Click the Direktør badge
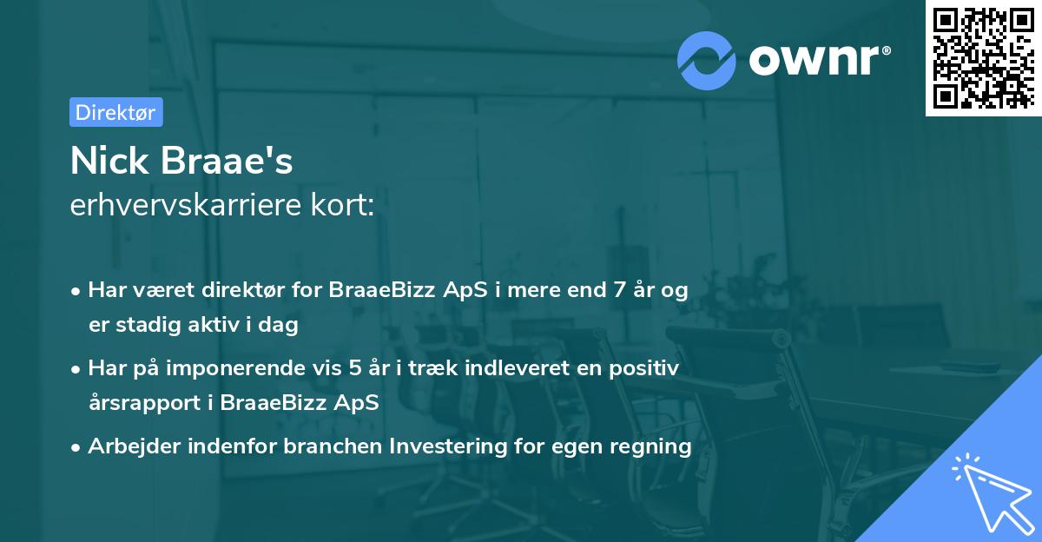(x=115, y=112)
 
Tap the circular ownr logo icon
(x=707, y=60)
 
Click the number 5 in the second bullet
(x=355, y=368)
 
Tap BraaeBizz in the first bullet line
(x=372, y=290)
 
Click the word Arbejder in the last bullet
(x=129, y=446)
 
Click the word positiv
(x=646, y=368)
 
